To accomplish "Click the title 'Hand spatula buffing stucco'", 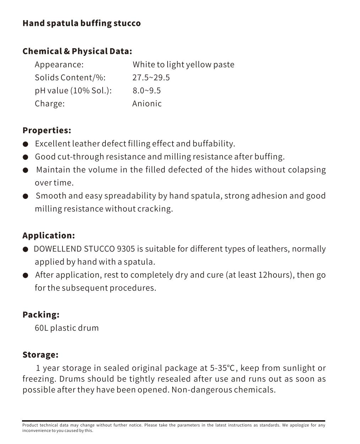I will [81, 23].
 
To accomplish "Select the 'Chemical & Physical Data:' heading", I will [77, 52].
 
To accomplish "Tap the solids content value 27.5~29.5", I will [151, 78].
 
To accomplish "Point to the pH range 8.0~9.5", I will [147, 91].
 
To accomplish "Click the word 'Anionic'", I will [147, 104].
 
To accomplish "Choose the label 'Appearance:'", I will [59, 65].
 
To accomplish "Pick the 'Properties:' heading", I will [47, 130].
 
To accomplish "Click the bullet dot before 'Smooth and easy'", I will [25, 196].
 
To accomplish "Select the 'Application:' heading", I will [49, 235].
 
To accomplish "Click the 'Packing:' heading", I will [41, 315].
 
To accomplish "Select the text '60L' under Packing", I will [41, 328].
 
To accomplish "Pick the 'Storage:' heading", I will [40, 355].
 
